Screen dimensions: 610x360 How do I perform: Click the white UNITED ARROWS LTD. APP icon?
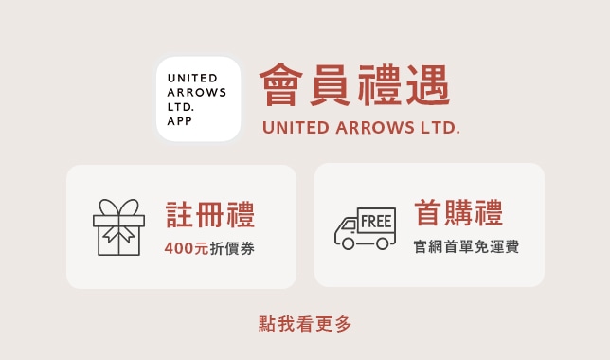[198, 99]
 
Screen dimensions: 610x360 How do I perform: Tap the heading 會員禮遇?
[355, 85]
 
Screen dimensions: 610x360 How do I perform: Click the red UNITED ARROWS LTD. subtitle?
[361, 128]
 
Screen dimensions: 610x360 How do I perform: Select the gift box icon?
[118, 227]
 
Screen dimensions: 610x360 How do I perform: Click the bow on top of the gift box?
[118, 207]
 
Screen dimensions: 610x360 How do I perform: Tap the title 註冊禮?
[210, 214]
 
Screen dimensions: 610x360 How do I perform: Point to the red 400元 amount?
[187, 248]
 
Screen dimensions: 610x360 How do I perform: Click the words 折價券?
[232, 248]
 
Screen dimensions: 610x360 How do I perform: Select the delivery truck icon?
[365, 228]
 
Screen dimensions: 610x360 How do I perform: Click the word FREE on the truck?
[376, 221]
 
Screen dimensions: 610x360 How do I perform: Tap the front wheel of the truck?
[348, 243]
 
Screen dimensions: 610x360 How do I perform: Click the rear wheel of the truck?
[382, 243]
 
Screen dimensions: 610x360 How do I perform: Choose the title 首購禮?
[458, 212]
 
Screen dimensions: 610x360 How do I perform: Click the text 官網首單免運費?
[466, 246]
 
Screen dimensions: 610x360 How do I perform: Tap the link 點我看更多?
[305, 324]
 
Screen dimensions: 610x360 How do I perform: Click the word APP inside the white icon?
[179, 121]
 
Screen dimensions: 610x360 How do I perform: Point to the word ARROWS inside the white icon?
[196, 92]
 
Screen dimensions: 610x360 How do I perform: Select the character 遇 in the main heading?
[428, 85]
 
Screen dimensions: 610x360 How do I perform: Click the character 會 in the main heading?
[281, 85]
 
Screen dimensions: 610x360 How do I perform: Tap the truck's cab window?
[349, 225]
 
